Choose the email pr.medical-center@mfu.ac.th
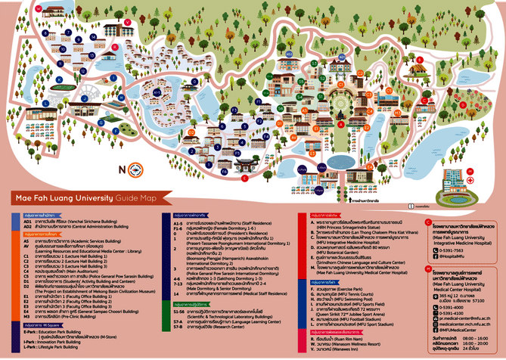[477, 320]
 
